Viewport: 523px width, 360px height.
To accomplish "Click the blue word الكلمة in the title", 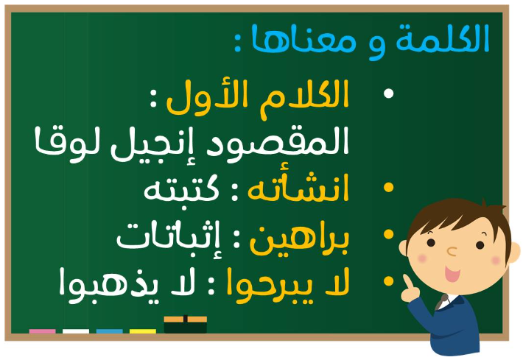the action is pyautogui.click(x=442, y=38).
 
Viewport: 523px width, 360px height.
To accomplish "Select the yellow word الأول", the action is pyautogui.click(x=207, y=98).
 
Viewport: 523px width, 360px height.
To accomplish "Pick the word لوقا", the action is pyautogui.click(x=68, y=144).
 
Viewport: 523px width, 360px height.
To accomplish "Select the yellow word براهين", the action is pyautogui.click(x=299, y=240).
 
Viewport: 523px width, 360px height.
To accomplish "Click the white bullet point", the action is pyautogui.click(x=389, y=93).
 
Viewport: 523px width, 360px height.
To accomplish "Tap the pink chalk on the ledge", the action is pyautogui.click(x=43, y=331).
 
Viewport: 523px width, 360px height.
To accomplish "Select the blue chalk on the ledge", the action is pyautogui.click(x=110, y=331).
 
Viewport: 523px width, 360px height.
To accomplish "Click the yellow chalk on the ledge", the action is pyautogui.click(x=143, y=331).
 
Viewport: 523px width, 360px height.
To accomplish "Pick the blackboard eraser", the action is pyautogui.click(x=186, y=324).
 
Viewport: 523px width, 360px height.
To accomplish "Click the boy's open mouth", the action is pyautogui.click(x=452, y=274).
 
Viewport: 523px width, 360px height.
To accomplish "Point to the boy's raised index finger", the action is pyautogui.click(x=407, y=282).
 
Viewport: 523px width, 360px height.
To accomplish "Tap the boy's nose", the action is pyautogui.click(x=452, y=251).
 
